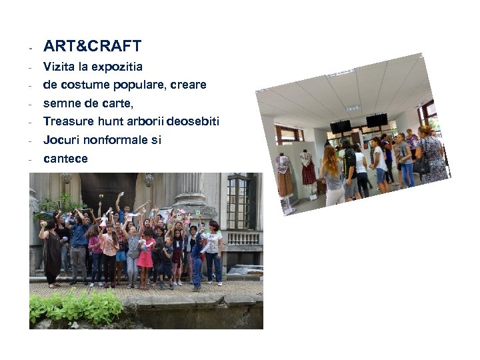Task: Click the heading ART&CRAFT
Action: [92, 46]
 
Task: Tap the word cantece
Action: [65, 158]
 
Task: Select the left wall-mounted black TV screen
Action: [341, 126]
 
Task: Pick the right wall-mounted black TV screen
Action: [376, 120]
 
